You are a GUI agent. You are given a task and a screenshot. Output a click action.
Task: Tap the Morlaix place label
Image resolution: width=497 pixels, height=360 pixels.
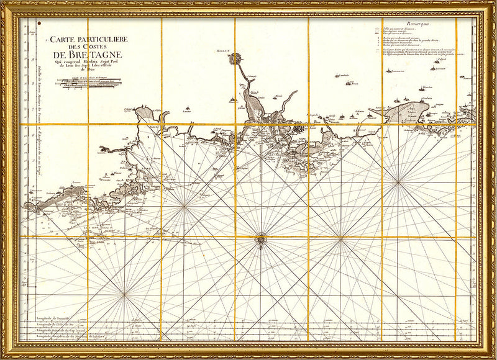224,50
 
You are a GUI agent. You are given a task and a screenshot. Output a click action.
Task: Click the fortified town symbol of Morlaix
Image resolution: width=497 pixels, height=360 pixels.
235,60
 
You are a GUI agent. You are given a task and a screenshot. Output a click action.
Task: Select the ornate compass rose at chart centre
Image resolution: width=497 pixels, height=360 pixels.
261,237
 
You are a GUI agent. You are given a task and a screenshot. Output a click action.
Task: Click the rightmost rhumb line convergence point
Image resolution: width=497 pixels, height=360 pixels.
398,181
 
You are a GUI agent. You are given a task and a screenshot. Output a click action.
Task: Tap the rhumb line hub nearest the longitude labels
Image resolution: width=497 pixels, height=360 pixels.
124,294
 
